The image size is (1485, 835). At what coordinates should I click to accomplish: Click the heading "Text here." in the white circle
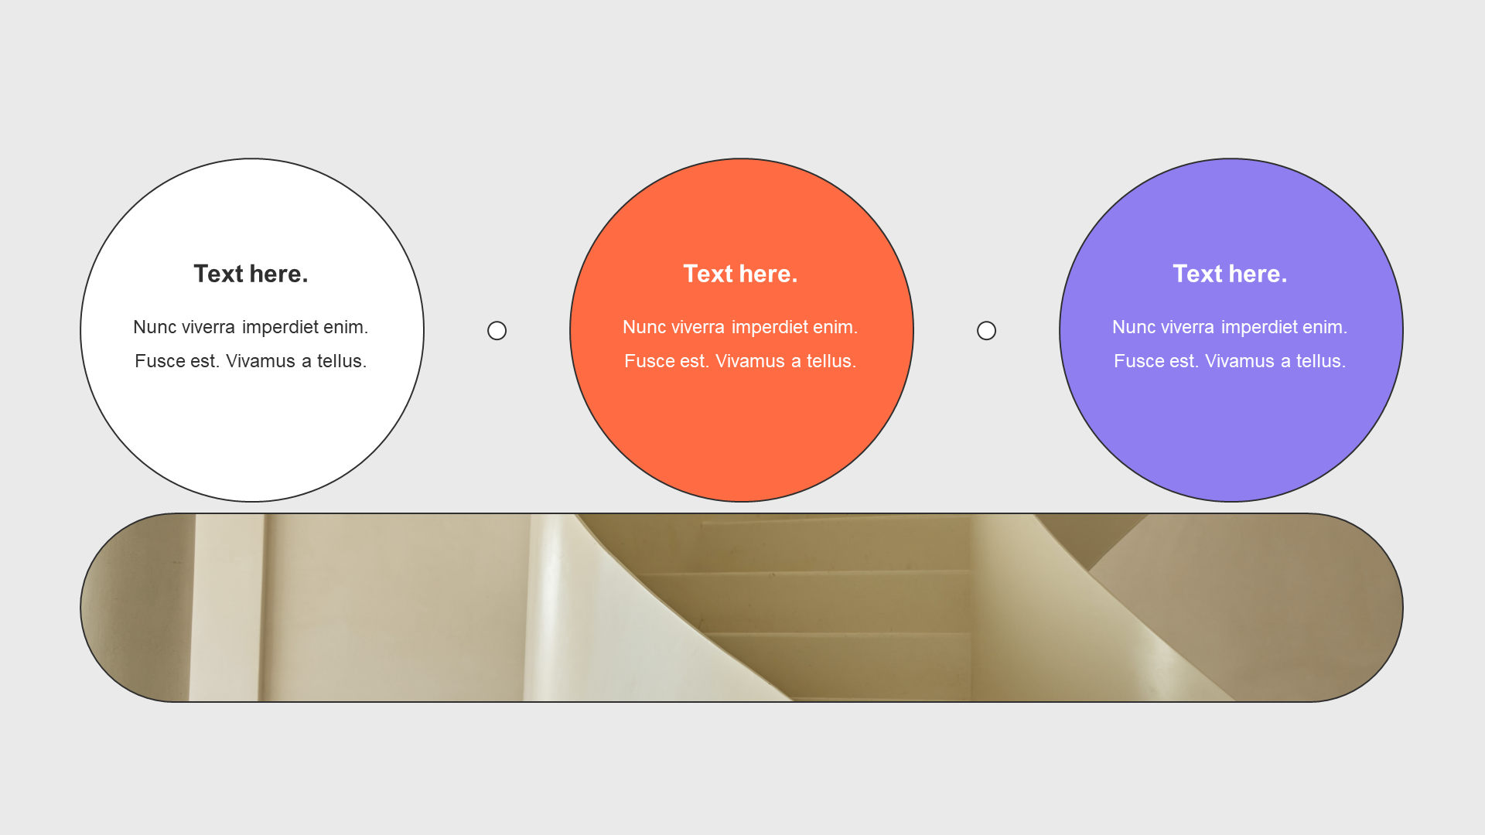point(251,274)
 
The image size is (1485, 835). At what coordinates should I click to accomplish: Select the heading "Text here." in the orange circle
point(740,274)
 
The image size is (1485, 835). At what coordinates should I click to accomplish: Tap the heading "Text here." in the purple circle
point(1230,274)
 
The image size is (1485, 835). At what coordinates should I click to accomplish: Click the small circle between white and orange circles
point(497,331)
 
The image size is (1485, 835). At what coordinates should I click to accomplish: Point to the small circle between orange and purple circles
point(986,331)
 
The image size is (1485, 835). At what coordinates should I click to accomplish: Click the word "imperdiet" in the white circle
point(280,328)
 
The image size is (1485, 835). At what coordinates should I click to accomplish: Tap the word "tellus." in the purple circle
point(1321,361)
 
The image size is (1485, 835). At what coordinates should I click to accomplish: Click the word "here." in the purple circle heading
point(1258,274)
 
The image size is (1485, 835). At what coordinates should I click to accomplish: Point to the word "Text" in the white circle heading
point(218,274)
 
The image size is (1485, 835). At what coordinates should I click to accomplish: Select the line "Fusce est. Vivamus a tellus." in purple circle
point(1230,361)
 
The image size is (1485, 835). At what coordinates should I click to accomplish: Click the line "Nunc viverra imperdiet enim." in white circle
point(251,328)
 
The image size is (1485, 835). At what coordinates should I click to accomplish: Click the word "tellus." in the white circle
point(342,361)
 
